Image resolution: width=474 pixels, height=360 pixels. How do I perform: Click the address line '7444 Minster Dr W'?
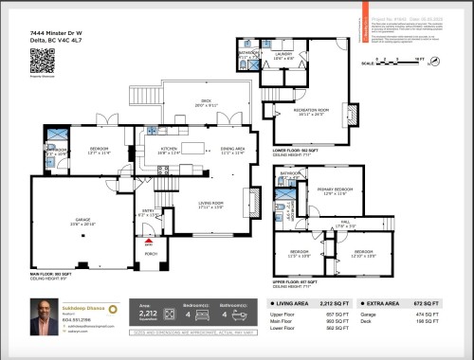click(x=51, y=32)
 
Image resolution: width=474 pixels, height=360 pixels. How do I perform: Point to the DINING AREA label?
click(x=233, y=149)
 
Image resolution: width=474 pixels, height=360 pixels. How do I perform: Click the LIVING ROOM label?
click(x=210, y=204)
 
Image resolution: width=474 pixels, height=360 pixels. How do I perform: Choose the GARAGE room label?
click(x=81, y=220)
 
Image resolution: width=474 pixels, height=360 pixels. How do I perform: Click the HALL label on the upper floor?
click(x=347, y=224)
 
